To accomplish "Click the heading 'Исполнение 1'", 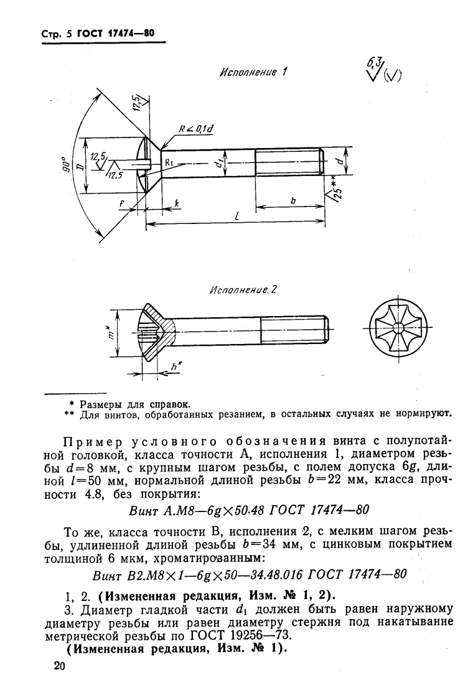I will [250, 72].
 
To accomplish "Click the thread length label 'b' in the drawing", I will [292, 201].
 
